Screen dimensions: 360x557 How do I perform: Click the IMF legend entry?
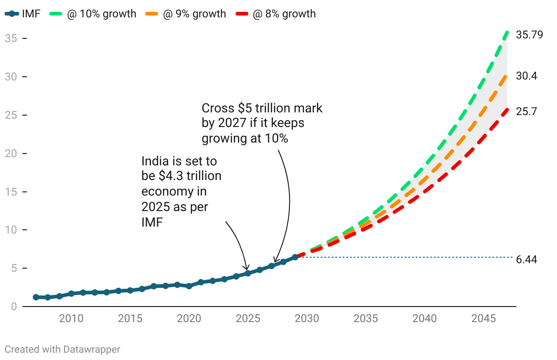click(x=23, y=14)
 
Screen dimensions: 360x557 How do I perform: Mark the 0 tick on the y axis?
click(x=14, y=306)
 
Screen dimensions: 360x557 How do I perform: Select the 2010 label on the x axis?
click(x=71, y=318)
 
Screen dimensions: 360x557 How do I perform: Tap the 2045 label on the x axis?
click(x=483, y=318)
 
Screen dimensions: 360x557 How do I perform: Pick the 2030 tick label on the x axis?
click(x=307, y=318)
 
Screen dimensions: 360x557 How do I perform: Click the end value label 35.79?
click(x=529, y=35)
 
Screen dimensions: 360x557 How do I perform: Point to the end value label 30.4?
click(x=526, y=76)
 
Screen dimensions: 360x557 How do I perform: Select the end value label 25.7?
click(x=526, y=111)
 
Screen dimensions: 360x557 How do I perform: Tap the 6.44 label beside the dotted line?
click(x=526, y=259)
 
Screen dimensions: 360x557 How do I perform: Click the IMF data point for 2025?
click(x=248, y=273)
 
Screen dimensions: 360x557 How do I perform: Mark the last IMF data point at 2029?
click(x=295, y=257)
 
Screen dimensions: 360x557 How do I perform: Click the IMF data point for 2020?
click(x=189, y=286)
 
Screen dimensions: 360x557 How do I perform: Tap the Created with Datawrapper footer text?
click(x=63, y=349)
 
